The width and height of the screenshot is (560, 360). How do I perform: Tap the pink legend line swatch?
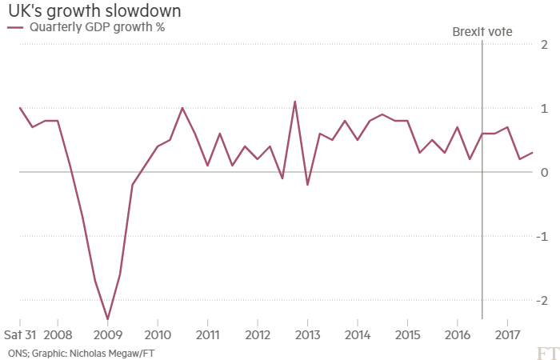(x=16, y=28)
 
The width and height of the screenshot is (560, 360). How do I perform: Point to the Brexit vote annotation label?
(x=482, y=32)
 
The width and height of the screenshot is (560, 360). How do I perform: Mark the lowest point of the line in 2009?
(x=108, y=318)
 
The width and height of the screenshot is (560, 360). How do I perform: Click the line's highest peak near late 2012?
(x=295, y=102)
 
